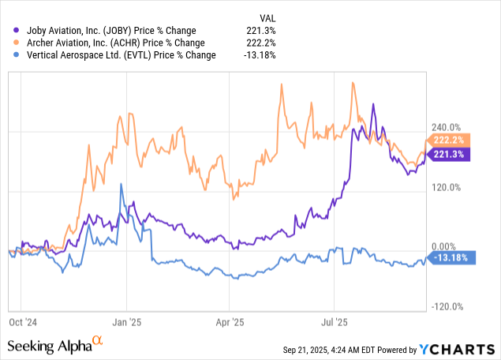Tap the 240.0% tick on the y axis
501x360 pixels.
[447, 127]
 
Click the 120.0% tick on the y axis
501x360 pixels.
[447, 187]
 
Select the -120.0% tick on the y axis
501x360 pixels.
[447, 307]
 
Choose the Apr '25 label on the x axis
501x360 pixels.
[228, 322]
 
